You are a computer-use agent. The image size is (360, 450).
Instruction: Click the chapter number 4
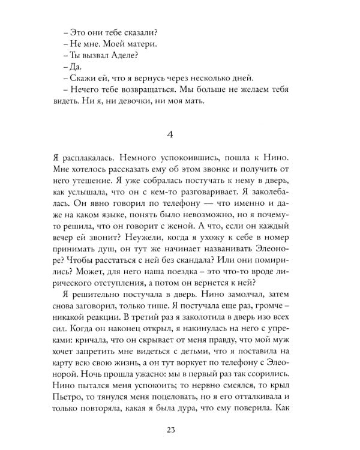click(180, 136)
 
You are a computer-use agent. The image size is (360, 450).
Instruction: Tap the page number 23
click(180, 428)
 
